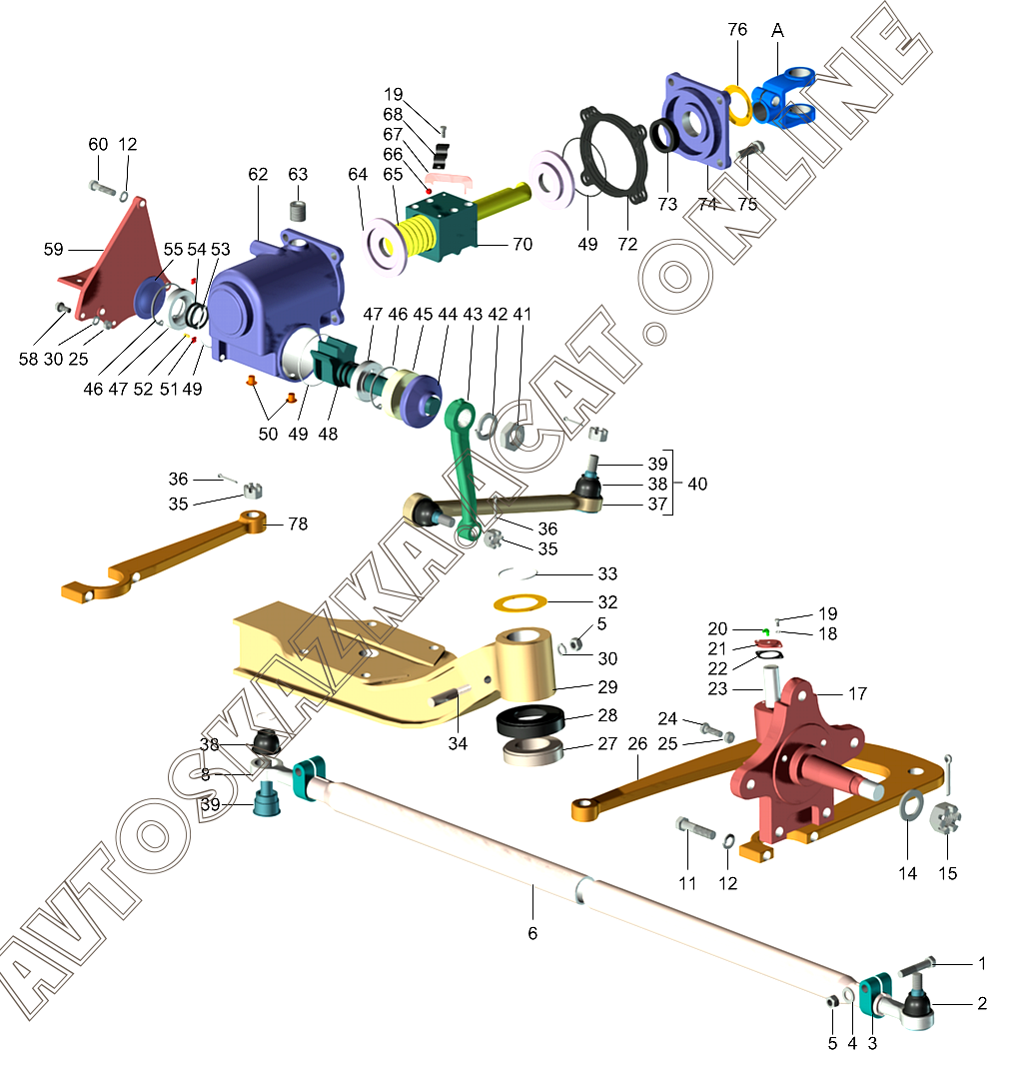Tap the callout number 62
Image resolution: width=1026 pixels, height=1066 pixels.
259,174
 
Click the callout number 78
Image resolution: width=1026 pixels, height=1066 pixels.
298,524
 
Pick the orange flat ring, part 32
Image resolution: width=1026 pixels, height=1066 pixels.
525,603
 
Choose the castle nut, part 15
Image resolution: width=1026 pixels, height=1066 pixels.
944,819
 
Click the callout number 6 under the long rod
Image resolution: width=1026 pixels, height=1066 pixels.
532,933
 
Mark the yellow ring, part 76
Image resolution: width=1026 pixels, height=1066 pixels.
738,104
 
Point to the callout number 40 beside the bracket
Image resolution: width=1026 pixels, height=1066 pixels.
698,484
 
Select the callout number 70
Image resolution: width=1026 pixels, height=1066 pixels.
521,244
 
